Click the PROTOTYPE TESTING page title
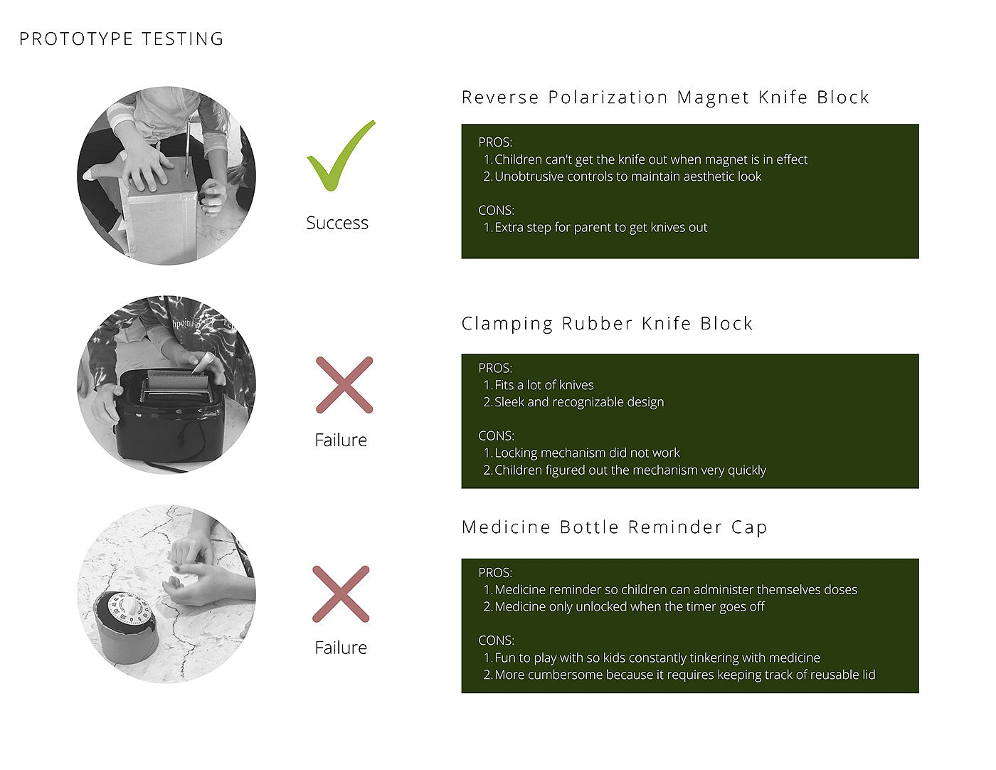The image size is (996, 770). point(121,39)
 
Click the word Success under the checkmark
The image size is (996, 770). point(337,223)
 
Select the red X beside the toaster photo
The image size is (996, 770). point(344,385)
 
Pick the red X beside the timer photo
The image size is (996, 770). point(341,594)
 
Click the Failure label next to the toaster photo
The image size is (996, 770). point(341,440)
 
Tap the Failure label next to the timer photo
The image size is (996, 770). point(341,648)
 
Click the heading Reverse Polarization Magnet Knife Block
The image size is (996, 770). point(665,97)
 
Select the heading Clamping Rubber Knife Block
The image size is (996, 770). point(607,324)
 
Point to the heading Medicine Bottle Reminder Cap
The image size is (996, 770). point(614,527)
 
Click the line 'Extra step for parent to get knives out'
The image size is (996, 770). point(601,227)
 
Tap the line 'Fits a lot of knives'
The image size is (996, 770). point(544,385)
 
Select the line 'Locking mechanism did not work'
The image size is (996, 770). point(587,453)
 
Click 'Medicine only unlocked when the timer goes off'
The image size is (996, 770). point(630,607)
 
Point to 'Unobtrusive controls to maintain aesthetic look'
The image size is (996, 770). point(628,176)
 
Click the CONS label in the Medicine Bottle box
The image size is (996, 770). point(497,640)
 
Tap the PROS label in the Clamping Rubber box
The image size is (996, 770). point(495,368)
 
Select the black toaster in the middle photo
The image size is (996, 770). point(169,415)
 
